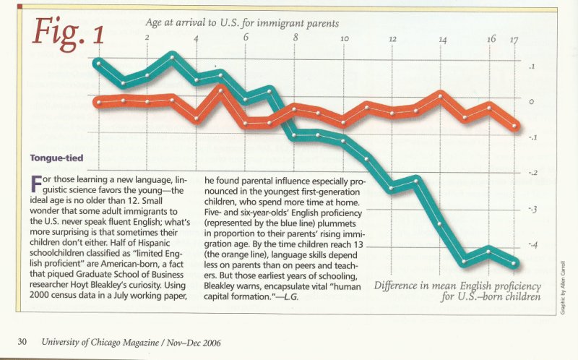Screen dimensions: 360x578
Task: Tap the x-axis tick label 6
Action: pyautogui.click(x=246, y=38)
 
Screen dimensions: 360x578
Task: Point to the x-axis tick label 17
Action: pyautogui.click(x=514, y=40)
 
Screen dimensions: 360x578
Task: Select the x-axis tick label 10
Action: pyautogui.click(x=344, y=38)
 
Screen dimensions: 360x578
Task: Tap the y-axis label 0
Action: pyautogui.click(x=532, y=102)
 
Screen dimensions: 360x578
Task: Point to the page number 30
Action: pyautogui.click(x=22, y=340)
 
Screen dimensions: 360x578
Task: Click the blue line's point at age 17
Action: pyautogui.click(x=514, y=262)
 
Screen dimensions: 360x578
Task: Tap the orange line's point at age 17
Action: pyautogui.click(x=514, y=126)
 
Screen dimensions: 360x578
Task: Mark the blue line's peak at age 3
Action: pyautogui.click(x=172, y=56)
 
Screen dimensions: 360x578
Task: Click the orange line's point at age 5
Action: pyautogui.click(x=221, y=90)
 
